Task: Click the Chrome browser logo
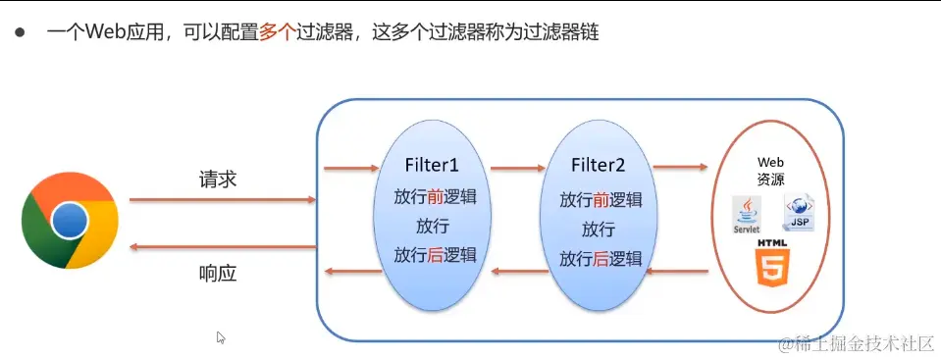coord(70,221)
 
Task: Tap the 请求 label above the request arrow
coord(218,180)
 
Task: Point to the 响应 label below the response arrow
coord(218,274)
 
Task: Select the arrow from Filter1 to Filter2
coord(517,169)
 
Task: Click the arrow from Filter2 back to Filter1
coord(517,268)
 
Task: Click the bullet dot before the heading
coord(19,32)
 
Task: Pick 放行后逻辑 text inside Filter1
coord(435,255)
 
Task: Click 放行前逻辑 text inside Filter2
coord(601,200)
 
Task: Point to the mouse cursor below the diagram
coord(221,337)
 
